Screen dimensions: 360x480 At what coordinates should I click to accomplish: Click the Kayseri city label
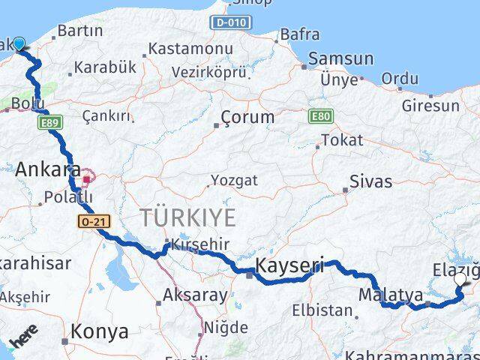[290, 265]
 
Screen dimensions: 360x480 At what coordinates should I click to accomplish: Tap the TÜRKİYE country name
[187, 218]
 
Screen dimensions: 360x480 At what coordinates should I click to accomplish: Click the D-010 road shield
[231, 22]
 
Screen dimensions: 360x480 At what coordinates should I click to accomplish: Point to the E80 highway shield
[319, 116]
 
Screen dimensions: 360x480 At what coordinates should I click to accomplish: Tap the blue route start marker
[19, 45]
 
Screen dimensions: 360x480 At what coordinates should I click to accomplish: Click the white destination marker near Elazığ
[460, 280]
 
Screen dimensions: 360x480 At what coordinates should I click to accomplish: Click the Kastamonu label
[190, 48]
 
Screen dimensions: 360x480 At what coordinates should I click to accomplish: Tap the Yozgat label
[234, 180]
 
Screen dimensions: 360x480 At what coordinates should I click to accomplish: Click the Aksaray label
[195, 295]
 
